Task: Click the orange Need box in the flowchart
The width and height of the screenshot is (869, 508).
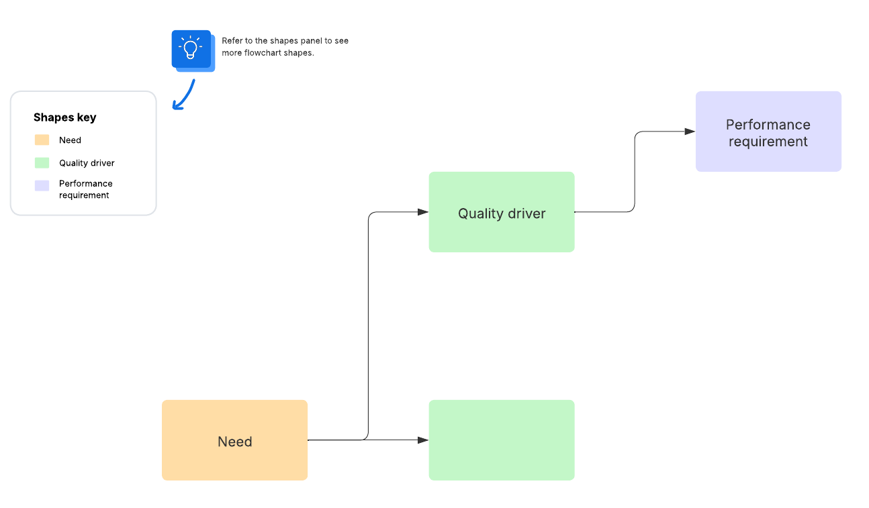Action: [234, 440]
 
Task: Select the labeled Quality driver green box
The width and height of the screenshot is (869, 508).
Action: [502, 212]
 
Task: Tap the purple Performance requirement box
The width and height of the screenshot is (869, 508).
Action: [768, 132]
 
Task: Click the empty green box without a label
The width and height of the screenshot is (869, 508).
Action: [502, 440]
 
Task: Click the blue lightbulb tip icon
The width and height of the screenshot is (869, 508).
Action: [191, 48]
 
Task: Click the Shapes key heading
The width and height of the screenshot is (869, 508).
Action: [64, 117]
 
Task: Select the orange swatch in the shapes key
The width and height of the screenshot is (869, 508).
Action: [42, 140]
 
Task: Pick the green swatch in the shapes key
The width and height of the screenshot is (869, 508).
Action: [42, 163]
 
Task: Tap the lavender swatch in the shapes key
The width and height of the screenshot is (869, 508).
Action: [42, 186]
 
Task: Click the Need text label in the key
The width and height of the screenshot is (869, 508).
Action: [70, 140]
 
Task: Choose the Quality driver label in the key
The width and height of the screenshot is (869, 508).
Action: [87, 163]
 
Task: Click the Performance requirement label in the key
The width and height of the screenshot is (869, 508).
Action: [85, 189]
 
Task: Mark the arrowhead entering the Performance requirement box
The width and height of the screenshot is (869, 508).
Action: [690, 132]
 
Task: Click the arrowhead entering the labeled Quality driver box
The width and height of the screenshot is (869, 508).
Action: [423, 212]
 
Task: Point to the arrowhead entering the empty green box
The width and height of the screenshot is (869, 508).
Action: [423, 440]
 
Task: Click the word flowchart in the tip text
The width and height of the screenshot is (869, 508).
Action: [265, 53]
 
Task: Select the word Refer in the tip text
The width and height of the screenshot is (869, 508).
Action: [232, 41]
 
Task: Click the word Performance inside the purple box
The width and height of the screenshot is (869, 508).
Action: [768, 125]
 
